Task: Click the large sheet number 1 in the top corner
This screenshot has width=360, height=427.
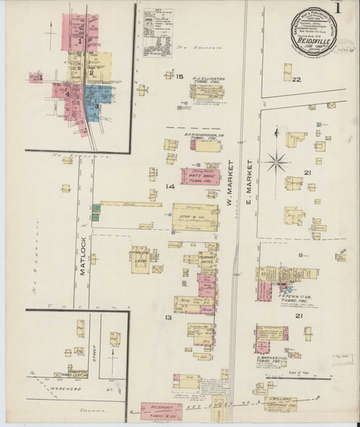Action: tap(339, 9)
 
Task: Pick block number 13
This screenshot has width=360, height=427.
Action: tap(167, 317)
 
